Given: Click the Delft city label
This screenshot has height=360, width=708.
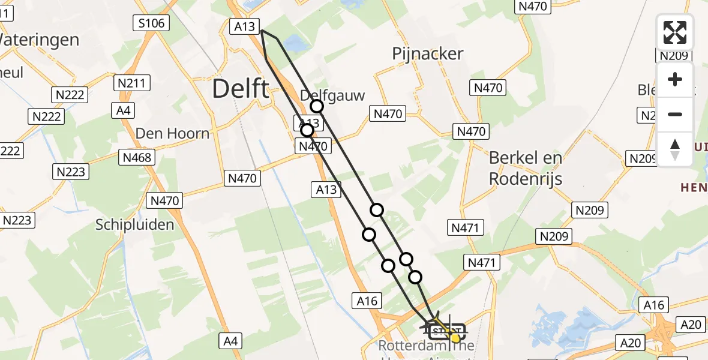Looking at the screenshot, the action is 241,89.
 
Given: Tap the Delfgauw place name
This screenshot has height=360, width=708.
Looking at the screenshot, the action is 332,95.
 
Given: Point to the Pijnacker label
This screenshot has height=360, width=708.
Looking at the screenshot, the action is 427,54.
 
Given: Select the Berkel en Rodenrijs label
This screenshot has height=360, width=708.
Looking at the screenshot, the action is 526,168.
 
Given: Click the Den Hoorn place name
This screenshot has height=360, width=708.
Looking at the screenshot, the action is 172,133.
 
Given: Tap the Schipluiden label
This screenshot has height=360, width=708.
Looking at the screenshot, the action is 135,225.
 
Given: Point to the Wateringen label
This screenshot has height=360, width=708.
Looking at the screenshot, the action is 38,40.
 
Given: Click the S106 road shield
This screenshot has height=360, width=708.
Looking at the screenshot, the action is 151,23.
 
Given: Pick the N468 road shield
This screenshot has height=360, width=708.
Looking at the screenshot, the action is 137,157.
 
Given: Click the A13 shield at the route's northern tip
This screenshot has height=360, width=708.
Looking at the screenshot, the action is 244,26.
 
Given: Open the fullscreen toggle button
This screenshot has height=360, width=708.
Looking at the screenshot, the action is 675,32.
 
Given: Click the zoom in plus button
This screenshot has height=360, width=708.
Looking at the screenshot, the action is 675,79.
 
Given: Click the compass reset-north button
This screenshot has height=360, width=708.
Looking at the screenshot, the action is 675,149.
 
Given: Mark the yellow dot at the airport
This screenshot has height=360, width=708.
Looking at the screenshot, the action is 455,338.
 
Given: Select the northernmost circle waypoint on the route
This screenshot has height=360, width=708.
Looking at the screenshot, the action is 316,107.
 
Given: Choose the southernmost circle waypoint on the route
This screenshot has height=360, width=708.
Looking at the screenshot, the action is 415,277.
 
